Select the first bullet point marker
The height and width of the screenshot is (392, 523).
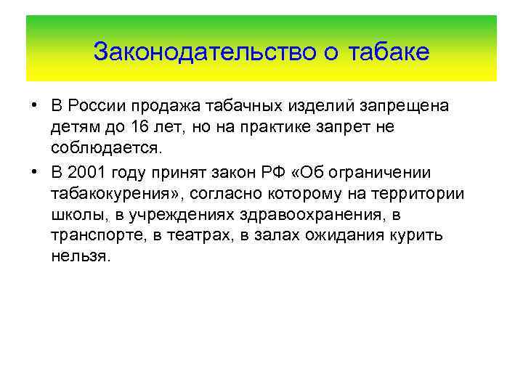[34, 105]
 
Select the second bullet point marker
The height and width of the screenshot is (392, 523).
[34, 172]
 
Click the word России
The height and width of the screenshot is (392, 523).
[99, 106]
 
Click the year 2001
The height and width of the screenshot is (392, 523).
[89, 173]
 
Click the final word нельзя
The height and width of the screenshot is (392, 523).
[80, 258]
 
